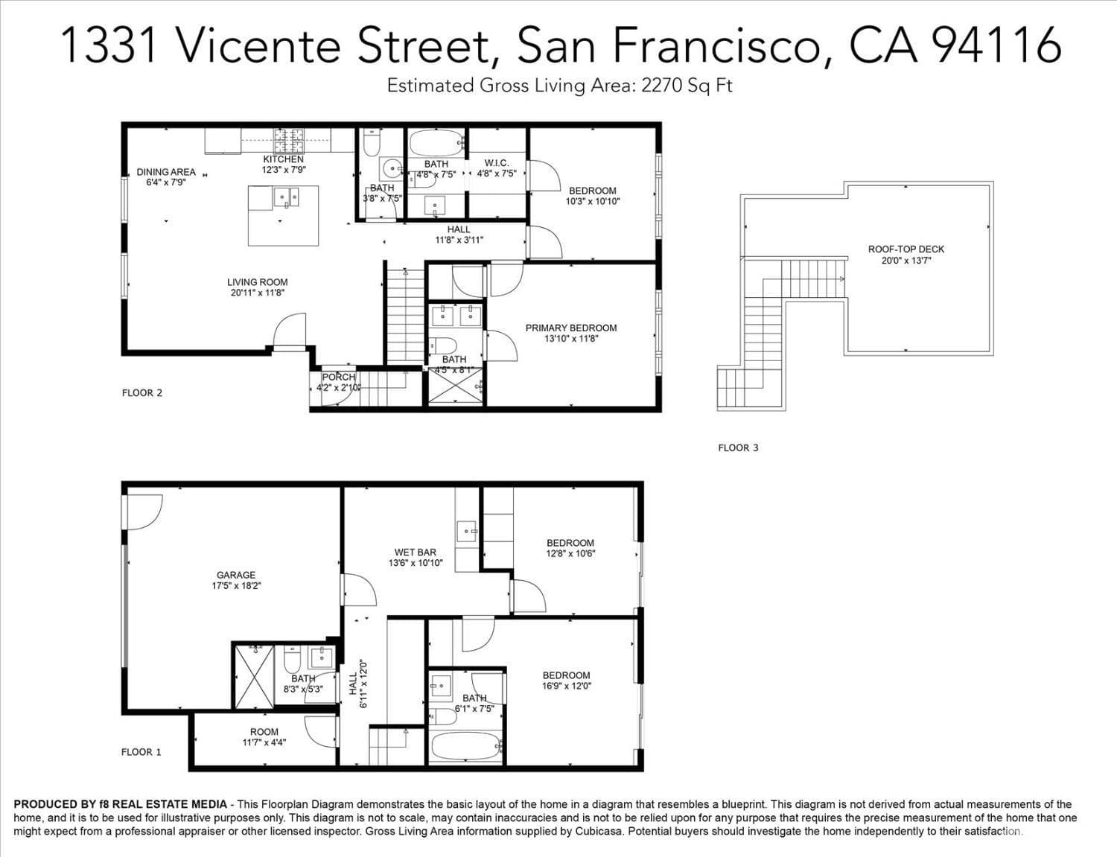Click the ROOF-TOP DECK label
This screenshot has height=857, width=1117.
coord(906,249)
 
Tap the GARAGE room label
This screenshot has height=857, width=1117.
coord(236,575)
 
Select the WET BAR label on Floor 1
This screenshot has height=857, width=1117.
coord(415,552)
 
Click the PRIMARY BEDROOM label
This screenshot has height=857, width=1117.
coord(571,328)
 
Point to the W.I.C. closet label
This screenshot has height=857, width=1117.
coord(496,163)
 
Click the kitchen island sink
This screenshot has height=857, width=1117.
coord(286,197)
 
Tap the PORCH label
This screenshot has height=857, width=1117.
coord(338,377)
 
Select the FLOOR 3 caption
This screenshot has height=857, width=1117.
coord(738,447)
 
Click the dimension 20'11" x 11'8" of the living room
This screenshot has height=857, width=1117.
coord(257,293)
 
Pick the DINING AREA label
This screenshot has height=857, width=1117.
coord(166,172)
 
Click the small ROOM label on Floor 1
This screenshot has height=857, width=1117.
coord(264,732)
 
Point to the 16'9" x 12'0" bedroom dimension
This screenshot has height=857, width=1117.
coord(566,686)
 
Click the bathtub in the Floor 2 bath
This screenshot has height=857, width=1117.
coord(436,141)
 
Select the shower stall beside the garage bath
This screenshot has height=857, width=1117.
coord(255,676)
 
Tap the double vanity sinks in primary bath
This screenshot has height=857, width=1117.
coord(456,316)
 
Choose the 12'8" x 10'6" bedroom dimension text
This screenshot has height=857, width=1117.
coord(570,554)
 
